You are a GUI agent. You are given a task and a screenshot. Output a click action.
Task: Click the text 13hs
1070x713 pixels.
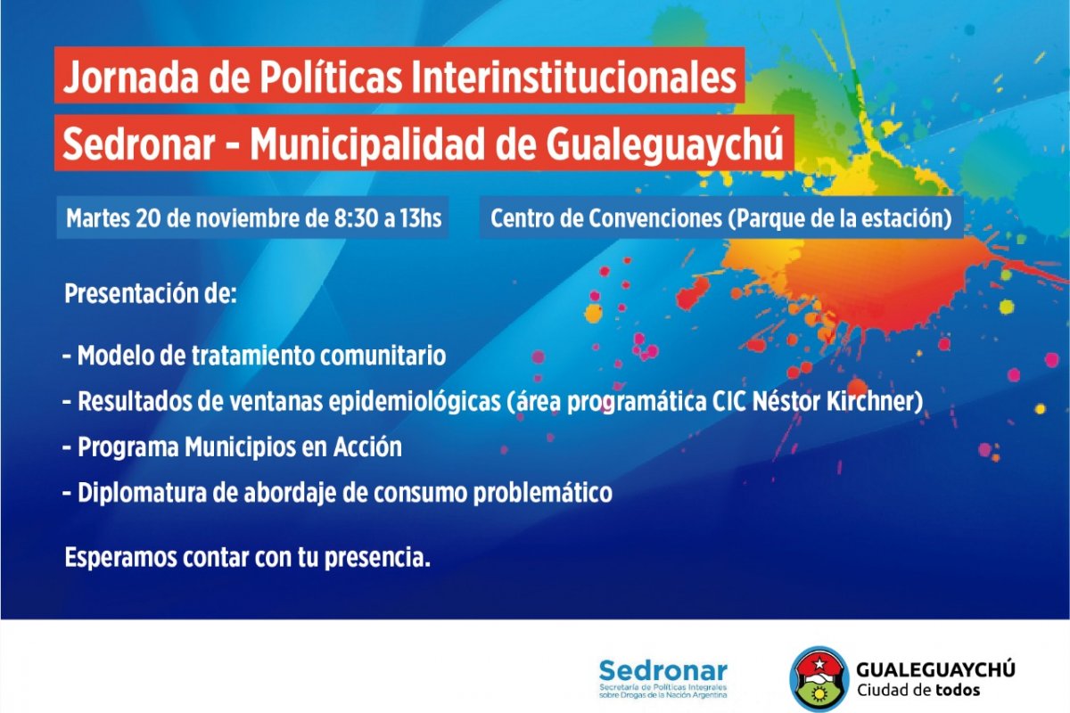point(421,218)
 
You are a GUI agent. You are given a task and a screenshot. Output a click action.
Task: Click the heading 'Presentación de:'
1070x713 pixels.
point(151,293)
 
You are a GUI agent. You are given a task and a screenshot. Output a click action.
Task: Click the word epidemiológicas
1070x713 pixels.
point(413,401)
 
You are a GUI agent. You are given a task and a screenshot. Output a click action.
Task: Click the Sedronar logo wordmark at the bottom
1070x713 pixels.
point(663,671)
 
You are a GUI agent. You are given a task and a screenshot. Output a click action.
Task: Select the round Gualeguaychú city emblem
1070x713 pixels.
point(819,678)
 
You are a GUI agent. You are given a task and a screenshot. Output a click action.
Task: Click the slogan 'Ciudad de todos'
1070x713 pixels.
point(918,690)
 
